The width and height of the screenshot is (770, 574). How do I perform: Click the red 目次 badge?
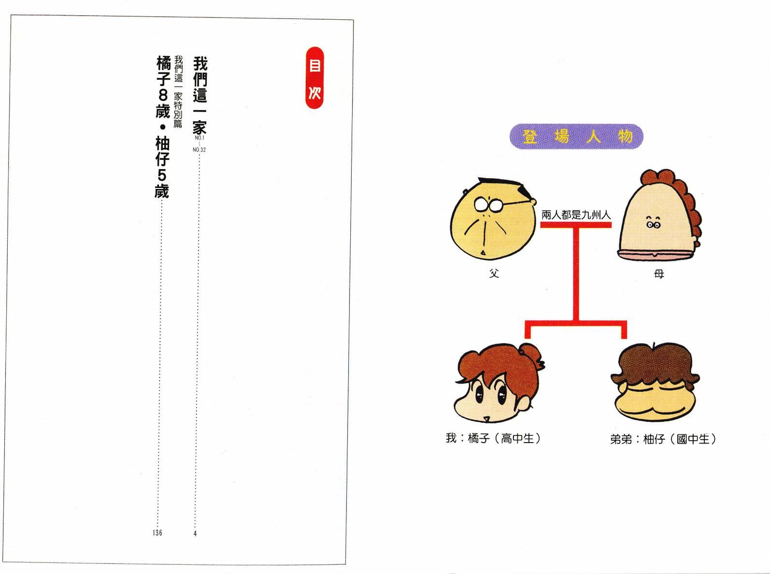click(314, 77)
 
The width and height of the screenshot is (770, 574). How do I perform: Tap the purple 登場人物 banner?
click(576, 136)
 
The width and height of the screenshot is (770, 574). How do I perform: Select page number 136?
click(157, 532)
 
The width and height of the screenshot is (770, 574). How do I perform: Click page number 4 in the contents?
click(195, 533)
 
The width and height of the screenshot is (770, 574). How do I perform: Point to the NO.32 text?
click(199, 149)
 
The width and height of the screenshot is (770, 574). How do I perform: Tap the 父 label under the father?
click(494, 273)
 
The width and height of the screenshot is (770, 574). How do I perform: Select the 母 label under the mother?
click(659, 274)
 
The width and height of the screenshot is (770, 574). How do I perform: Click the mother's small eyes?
click(653, 224)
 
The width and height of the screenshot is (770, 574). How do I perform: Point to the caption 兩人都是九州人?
click(576, 215)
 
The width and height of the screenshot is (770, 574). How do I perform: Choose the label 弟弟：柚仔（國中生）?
click(663, 439)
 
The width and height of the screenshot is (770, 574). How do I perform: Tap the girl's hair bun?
click(531, 352)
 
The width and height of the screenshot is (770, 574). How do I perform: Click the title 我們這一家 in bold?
click(200, 96)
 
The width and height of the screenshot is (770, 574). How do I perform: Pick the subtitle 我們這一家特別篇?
click(178, 92)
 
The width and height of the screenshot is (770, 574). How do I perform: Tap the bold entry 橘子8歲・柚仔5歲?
click(162, 127)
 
